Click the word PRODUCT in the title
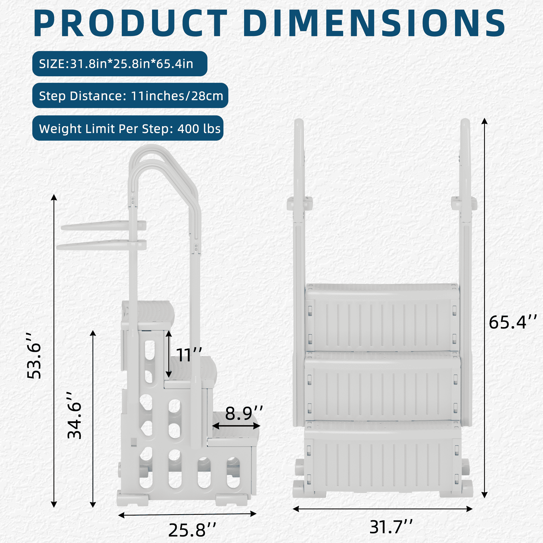tap(130, 23)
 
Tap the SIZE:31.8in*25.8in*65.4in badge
tap(120, 64)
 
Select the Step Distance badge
tap(130, 96)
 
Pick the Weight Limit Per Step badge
tap(128, 128)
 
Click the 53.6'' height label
tap(34, 356)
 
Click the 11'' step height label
tap(189, 355)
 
